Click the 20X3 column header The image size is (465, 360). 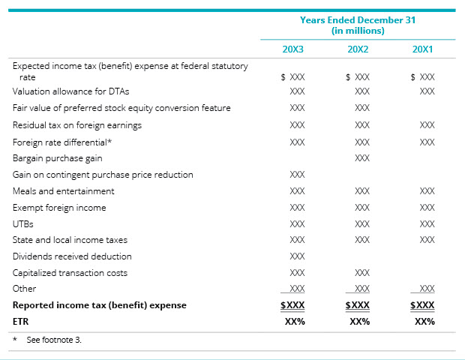(x=292, y=49)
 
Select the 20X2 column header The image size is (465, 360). (x=358, y=49)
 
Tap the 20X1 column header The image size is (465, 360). (x=422, y=49)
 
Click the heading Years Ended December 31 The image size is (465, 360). (x=358, y=20)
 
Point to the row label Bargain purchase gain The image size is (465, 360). (x=58, y=158)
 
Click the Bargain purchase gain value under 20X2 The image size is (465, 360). (x=362, y=158)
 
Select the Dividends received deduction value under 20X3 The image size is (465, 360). (x=297, y=256)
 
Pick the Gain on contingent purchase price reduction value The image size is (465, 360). (x=297, y=175)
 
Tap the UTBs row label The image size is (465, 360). (x=23, y=223)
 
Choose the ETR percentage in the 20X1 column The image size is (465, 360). (x=424, y=321)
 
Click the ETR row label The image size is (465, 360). (x=20, y=321)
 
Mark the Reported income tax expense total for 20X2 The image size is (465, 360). (x=359, y=305)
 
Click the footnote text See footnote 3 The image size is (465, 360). (x=53, y=340)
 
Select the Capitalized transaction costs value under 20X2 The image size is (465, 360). (x=362, y=273)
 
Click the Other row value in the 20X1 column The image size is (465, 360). (x=427, y=289)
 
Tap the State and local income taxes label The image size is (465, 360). (x=70, y=240)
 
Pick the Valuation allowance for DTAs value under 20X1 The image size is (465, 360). (x=427, y=91)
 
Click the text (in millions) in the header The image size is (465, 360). (x=358, y=31)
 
